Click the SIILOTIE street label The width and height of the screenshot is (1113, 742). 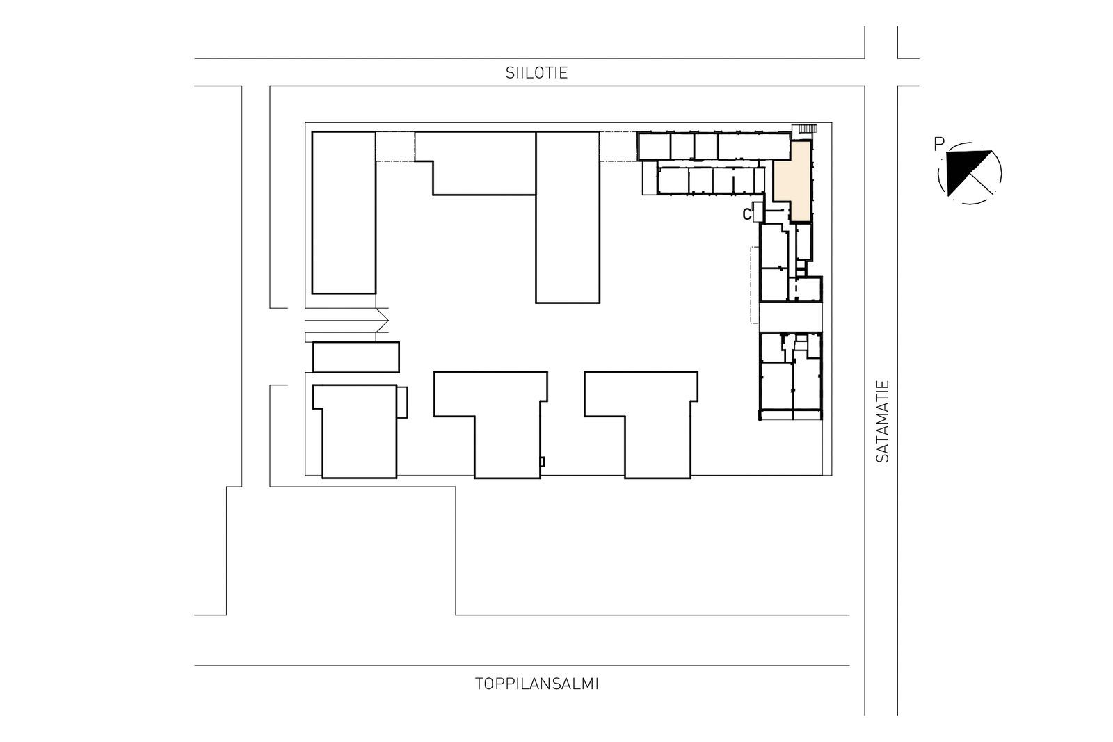536,73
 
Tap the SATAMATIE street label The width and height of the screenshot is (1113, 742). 882,421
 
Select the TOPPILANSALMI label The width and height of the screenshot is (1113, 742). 536,684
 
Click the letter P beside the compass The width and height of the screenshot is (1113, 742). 938,145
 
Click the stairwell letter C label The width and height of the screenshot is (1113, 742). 746,214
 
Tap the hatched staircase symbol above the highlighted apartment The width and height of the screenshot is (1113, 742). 805,129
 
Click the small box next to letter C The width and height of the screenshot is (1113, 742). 758,212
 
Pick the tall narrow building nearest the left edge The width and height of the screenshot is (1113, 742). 344,213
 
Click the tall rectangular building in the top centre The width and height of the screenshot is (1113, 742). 568,217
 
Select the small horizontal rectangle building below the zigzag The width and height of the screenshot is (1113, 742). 355,357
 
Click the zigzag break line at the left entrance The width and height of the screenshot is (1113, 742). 382,321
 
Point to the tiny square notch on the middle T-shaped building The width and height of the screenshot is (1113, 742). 542,462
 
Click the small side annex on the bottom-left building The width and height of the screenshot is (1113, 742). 403,402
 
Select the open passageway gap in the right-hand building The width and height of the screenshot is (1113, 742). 790,317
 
